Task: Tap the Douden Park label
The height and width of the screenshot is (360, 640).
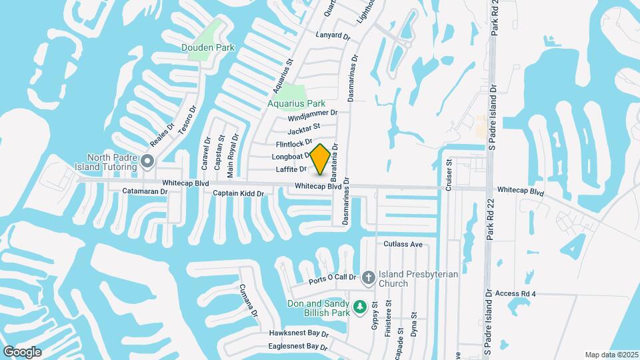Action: tap(208, 47)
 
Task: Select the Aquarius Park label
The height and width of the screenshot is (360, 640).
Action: tap(296, 103)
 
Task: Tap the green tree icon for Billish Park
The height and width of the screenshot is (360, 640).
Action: tap(360, 307)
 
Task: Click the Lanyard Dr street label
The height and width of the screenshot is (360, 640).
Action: tap(333, 35)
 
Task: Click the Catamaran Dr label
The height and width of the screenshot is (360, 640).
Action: tap(145, 191)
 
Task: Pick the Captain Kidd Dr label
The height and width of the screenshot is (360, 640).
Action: tap(239, 193)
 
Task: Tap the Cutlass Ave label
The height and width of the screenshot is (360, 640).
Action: tap(403, 244)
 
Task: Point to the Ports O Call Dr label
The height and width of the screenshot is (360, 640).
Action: tap(333, 280)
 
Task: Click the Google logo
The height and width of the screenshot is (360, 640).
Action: tap(22, 352)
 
